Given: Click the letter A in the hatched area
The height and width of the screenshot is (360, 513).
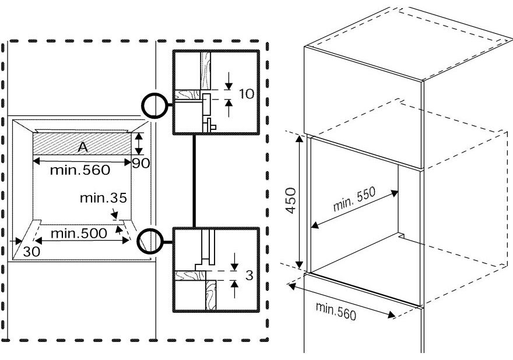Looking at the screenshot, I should (x=83, y=148).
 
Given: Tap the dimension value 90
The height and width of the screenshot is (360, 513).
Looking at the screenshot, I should (x=140, y=163).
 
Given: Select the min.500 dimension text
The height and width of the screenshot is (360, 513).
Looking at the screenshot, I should (x=79, y=234).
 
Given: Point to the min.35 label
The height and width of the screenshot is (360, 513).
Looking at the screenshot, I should (x=103, y=198).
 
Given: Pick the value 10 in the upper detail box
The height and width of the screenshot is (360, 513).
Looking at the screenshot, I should (x=247, y=94).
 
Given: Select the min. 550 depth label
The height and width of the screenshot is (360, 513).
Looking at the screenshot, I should (x=354, y=200).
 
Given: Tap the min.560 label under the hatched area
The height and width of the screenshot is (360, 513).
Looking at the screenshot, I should (x=80, y=171).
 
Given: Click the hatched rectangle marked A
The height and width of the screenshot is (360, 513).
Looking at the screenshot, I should (x=58, y=144).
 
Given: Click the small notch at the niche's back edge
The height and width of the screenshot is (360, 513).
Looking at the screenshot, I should (x=402, y=235).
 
